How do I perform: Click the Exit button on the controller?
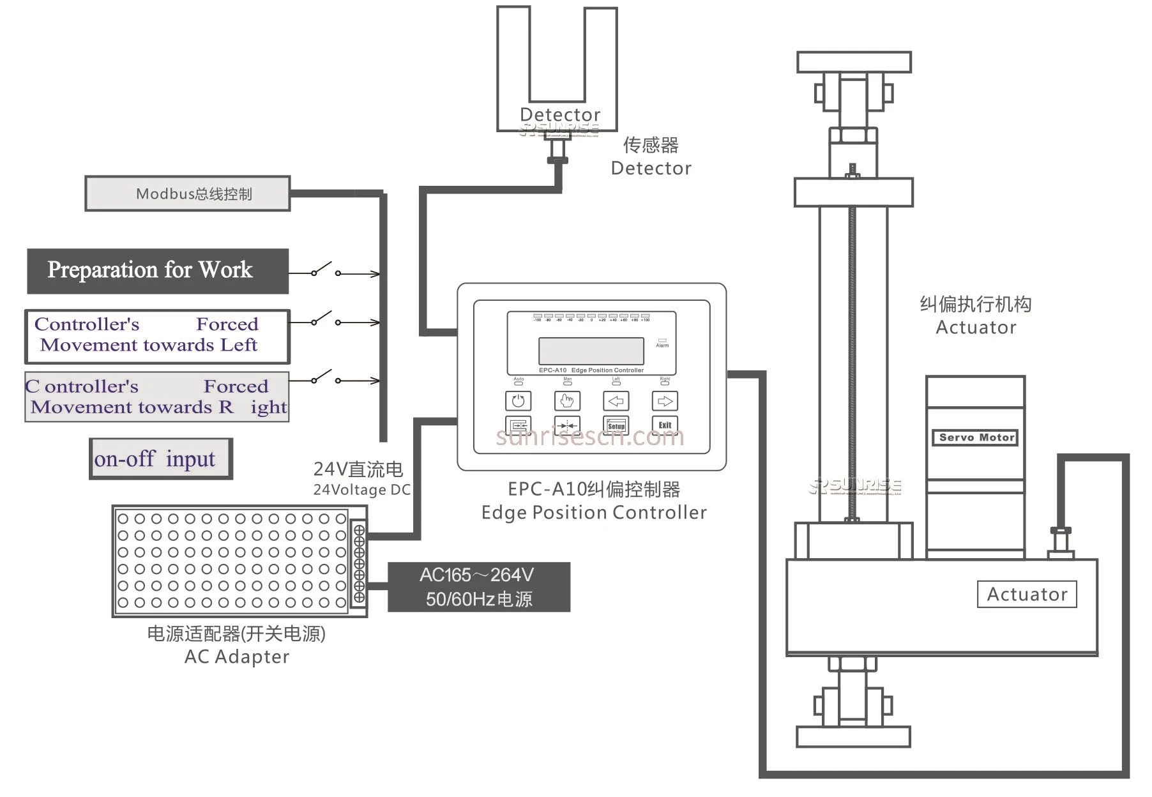pyautogui.click(x=665, y=425)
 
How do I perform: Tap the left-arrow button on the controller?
pyautogui.click(x=616, y=401)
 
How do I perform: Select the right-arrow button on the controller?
pyautogui.click(x=665, y=401)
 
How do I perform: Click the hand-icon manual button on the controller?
pyautogui.click(x=567, y=401)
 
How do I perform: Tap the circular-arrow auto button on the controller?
pyautogui.click(x=518, y=401)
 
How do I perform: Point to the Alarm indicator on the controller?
pyautogui.click(x=662, y=342)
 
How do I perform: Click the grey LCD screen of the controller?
pyautogui.click(x=591, y=351)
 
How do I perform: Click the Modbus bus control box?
pyautogui.click(x=188, y=194)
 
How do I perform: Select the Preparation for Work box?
pyautogui.click(x=157, y=271)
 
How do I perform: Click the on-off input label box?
pyautogui.click(x=160, y=459)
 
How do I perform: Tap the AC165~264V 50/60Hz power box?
pyautogui.click(x=478, y=587)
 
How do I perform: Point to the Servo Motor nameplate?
pyautogui.click(x=976, y=437)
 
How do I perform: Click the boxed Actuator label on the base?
pyautogui.click(x=1026, y=594)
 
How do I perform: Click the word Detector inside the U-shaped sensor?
pyautogui.click(x=559, y=114)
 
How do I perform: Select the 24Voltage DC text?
pyautogui.click(x=361, y=490)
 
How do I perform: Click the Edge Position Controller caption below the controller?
pyautogui.click(x=593, y=512)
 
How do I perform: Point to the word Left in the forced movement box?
pyautogui.click(x=239, y=345)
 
